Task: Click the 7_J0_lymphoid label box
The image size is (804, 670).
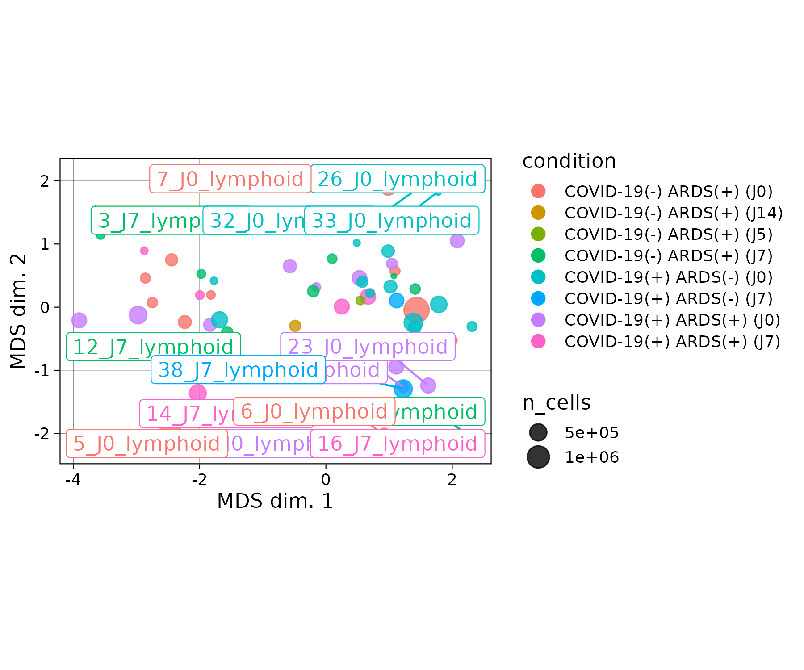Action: [x=230, y=179]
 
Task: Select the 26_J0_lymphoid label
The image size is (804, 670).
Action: [x=398, y=179]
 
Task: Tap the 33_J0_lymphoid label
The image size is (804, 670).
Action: [x=391, y=221]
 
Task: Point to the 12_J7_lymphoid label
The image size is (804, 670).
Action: [x=153, y=347]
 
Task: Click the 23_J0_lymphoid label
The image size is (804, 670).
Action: [x=368, y=347]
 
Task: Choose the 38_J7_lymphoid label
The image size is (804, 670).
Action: [x=238, y=370]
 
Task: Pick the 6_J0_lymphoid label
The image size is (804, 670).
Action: [x=314, y=411]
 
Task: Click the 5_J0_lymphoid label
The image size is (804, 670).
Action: [x=147, y=444]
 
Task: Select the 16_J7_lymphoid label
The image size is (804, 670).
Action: [x=398, y=444]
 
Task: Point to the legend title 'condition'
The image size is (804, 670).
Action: [x=569, y=161]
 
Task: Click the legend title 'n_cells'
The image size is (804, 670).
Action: [x=557, y=403]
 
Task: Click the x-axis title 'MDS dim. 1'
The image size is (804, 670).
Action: [x=275, y=501]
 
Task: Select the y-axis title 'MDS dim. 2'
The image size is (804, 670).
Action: [x=18, y=311]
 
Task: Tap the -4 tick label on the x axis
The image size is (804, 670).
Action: [x=73, y=480]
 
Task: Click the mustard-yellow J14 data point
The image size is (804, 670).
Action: [x=295, y=326]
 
